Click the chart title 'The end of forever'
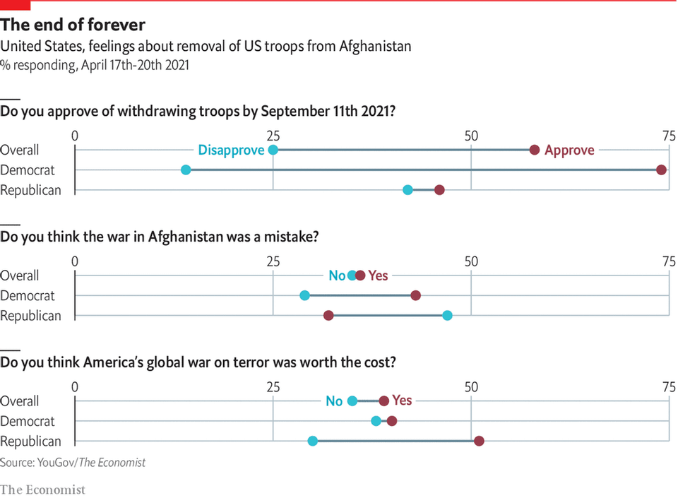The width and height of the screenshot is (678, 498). point(73,25)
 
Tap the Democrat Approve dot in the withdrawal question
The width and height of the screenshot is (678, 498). point(661,170)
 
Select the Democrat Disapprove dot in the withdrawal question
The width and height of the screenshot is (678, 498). point(186,170)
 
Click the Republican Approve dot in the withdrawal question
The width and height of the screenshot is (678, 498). point(439,190)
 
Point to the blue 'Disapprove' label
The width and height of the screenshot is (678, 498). point(231,150)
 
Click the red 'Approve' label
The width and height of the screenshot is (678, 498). point(569,150)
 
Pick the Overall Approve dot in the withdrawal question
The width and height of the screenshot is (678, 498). point(535,150)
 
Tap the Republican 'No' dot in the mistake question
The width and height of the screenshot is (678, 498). point(447,316)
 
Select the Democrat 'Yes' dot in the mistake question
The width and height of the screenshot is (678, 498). point(415,295)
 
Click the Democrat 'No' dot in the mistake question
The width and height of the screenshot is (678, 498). point(304,295)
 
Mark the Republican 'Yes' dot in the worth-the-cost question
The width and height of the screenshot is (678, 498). point(479,441)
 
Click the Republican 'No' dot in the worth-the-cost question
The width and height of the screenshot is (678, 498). point(312,441)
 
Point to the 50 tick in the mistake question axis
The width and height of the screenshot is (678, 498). point(470,261)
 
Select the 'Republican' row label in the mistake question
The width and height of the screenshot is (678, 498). point(31,316)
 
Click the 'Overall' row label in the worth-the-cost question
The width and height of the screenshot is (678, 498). point(20,401)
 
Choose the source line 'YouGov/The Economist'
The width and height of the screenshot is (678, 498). point(73,463)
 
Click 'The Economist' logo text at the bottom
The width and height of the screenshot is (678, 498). point(42,489)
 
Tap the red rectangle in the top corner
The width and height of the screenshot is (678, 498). point(15,5)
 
